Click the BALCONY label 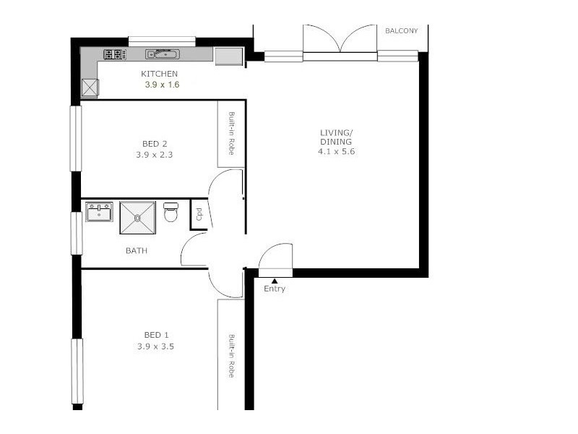pyautogui.click(x=401, y=31)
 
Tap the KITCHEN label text pyautogui.click(x=159, y=74)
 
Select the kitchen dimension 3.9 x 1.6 pyautogui.click(x=162, y=85)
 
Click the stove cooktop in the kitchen pyautogui.click(x=114, y=54)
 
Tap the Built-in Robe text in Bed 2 pyautogui.click(x=231, y=134)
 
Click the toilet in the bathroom pyautogui.click(x=171, y=213)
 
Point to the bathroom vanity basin pyautogui.click(x=99, y=213)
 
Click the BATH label pyautogui.click(x=137, y=251)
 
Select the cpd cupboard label pyautogui.click(x=199, y=215)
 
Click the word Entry pyautogui.click(x=275, y=289)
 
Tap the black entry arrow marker pyautogui.click(x=275, y=281)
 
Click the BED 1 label pyautogui.click(x=156, y=335)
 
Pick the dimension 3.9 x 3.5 pyautogui.click(x=156, y=346)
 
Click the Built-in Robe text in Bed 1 pyautogui.click(x=231, y=356)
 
